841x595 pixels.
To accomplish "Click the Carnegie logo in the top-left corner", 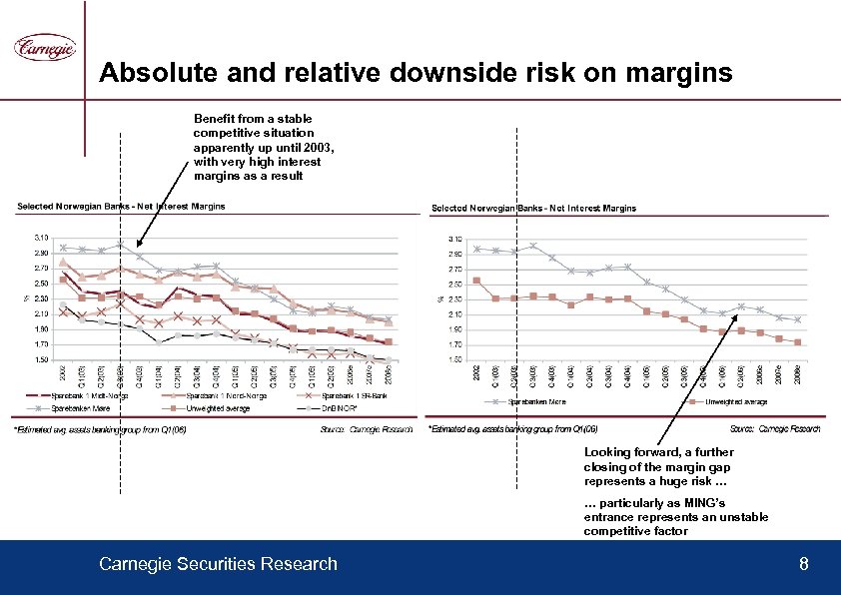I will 44,47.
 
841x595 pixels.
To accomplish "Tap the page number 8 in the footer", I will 803,565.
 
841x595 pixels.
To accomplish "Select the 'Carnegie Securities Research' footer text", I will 218,565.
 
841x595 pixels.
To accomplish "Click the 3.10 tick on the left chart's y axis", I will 40,238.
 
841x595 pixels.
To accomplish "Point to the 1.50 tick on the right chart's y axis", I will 454,359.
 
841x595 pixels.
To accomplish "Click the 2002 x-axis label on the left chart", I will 62,374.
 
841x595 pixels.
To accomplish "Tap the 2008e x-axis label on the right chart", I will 797,374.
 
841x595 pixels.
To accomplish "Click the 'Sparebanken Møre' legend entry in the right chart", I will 541,401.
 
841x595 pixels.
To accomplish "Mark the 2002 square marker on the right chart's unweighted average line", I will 477,281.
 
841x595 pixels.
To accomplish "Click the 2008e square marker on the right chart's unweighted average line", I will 797,342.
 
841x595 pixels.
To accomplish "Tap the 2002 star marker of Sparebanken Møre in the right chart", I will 477,249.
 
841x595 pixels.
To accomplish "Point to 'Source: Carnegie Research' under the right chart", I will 775,428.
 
